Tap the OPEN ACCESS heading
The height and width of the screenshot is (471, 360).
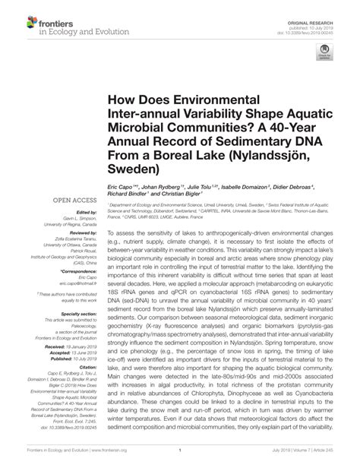click(x=72, y=201)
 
